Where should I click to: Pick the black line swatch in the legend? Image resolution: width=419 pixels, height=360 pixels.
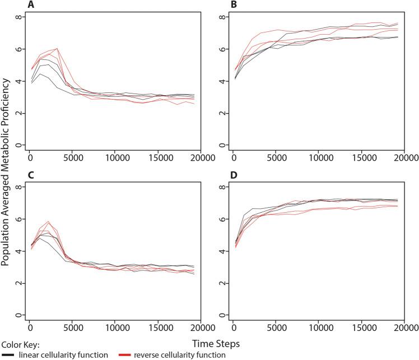(x=6, y=354)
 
